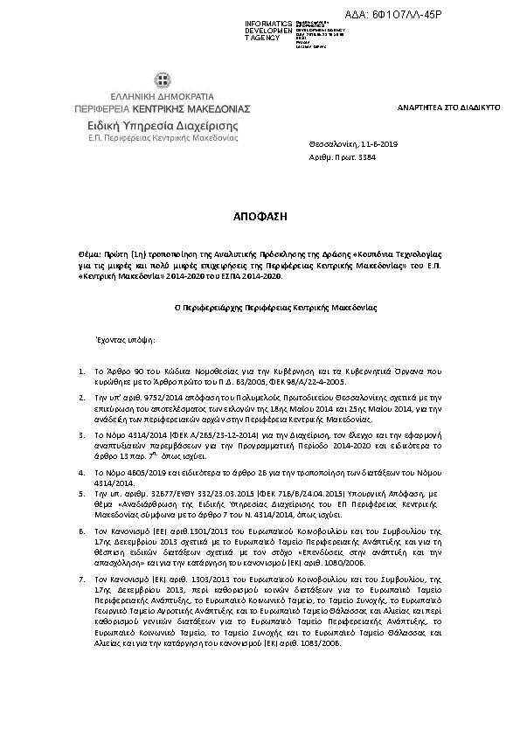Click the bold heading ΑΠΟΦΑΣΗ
pyautogui.click(x=260, y=214)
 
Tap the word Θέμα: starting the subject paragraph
pyautogui.click(x=89, y=249)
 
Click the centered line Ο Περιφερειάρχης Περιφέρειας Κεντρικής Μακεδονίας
pyautogui.click(x=260, y=309)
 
